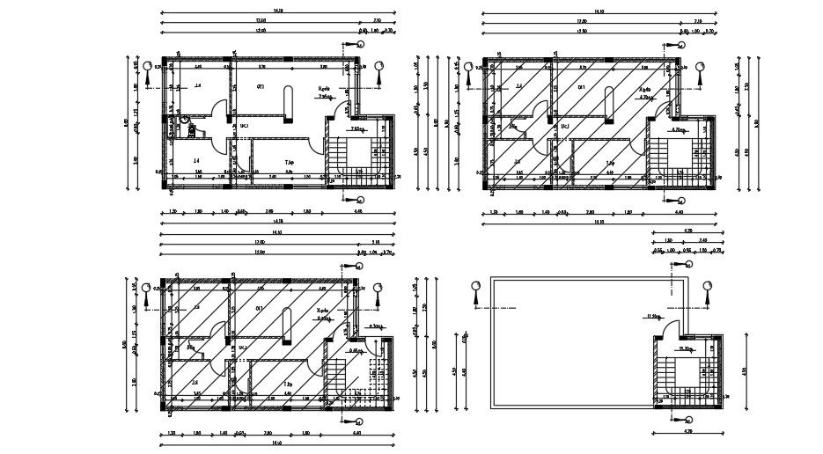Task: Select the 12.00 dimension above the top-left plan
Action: pos(261,19)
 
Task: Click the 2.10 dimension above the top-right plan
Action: pos(697,19)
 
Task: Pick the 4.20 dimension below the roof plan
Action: pos(689,432)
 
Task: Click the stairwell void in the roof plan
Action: pos(687,370)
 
